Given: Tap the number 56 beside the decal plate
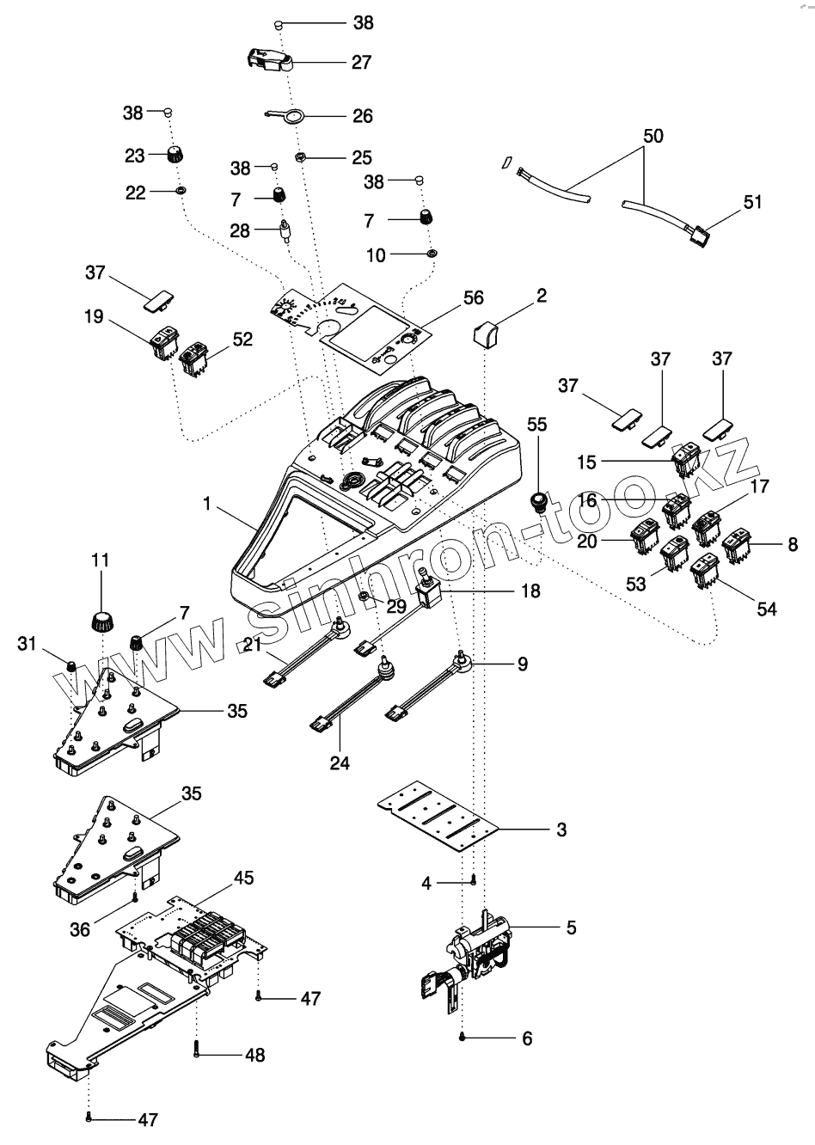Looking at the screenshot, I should pyautogui.click(x=472, y=298).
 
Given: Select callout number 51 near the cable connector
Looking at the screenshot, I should pyautogui.click(x=753, y=203).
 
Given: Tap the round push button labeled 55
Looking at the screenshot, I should pyautogui.click(x=539, y=500).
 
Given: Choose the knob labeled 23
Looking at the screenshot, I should pyautogui.click(x=175, y=156).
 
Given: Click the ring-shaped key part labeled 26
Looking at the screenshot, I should pyautogui.click(x=292, y=117).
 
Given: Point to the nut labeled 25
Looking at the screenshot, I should pyautogui.click(x=302, y=157).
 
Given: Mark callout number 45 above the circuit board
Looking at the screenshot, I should pyautogui.click(x=243, y=879).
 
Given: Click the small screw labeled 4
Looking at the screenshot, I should pyautogui.click(x=474, y=879).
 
